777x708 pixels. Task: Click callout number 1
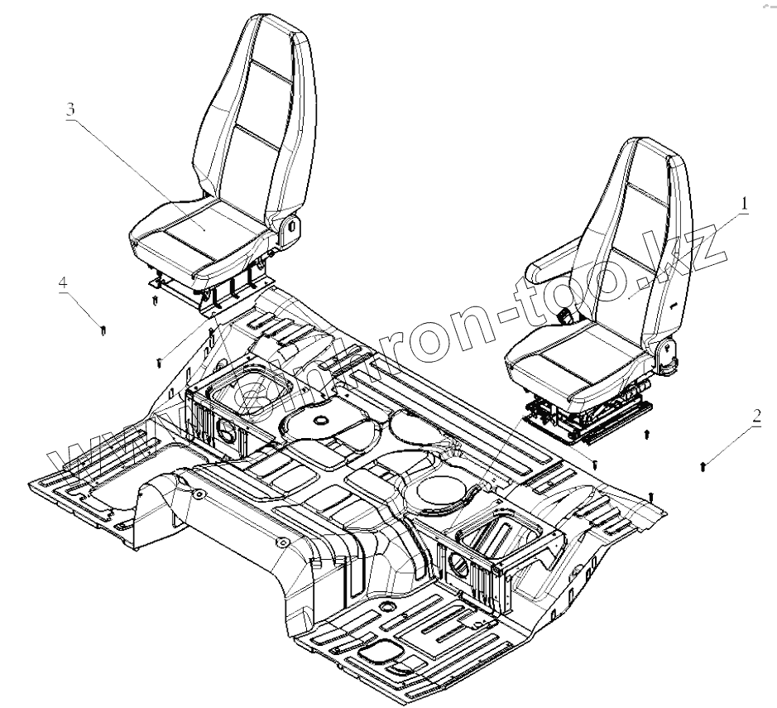[743, 202]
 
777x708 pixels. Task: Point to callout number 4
[63, 282]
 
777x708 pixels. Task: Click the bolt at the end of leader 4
[101, 330]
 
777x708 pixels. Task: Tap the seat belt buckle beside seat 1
[568, 315]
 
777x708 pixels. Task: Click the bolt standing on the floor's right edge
[652, 496]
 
